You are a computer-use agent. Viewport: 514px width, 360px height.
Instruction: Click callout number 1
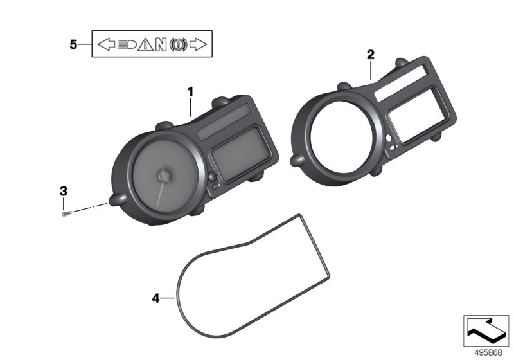190,92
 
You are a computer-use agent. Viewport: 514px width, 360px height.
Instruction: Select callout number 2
371,55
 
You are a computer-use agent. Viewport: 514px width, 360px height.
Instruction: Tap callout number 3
63,191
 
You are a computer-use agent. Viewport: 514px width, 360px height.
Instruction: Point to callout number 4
155,298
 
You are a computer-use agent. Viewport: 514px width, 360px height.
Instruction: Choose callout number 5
73,44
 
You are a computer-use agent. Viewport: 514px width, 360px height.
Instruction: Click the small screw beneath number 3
67,213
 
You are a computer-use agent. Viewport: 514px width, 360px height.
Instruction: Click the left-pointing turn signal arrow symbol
107,44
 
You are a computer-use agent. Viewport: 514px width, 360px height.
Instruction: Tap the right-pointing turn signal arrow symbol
198,44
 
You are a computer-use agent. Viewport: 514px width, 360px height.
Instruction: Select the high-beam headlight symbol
127,44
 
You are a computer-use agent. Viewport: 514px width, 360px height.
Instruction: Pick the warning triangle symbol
145,44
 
